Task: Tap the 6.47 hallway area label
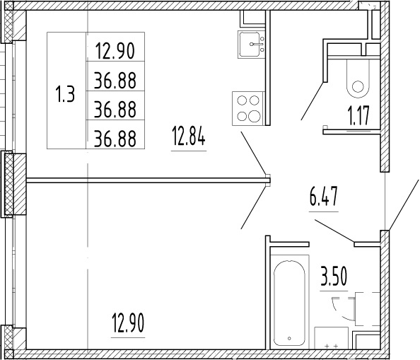click(x=324, y=197)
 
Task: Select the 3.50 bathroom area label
click(x=334, y=277)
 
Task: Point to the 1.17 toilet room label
click(x=359, y=115)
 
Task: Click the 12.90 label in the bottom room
click(x=128, y=323)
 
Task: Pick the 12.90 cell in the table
click(x=115, y=51)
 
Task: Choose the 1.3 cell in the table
click(x=65, y=94)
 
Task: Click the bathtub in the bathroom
click(x=289, y=302)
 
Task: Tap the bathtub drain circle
click(x=289, y=338)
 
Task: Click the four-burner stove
click(x=248, y=108)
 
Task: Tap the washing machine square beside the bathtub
click(x=331, y=338)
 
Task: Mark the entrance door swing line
click(x=404, y=205)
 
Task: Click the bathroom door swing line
click(x=334, y=231)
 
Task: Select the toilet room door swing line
click(x=313, y=101)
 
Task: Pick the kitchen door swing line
click(x=253, y=153)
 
